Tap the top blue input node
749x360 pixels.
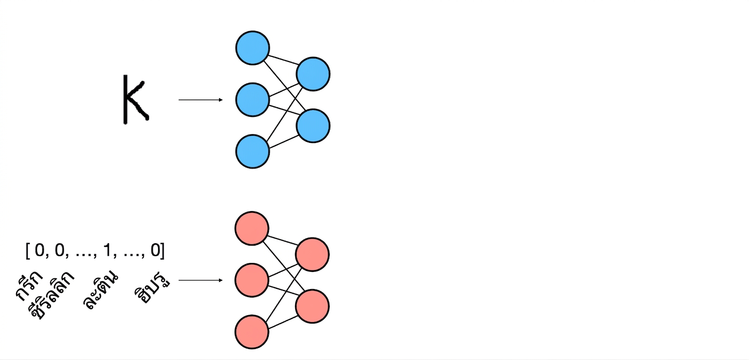253,48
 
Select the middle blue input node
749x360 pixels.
253,100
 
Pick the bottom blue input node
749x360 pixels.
253,152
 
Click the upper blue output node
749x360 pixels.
313,74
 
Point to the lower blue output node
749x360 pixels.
313,126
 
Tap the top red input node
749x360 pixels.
252,228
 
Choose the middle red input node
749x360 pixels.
252,280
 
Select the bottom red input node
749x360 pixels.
252,332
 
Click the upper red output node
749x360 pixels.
312,255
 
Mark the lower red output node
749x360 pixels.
312,307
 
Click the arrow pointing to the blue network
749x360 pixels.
201,100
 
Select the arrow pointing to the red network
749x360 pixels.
201,280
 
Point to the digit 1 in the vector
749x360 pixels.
107,250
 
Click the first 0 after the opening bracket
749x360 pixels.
39,250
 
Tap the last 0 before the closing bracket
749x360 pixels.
156,250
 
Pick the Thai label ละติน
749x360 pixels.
100,290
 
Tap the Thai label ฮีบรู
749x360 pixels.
152,290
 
